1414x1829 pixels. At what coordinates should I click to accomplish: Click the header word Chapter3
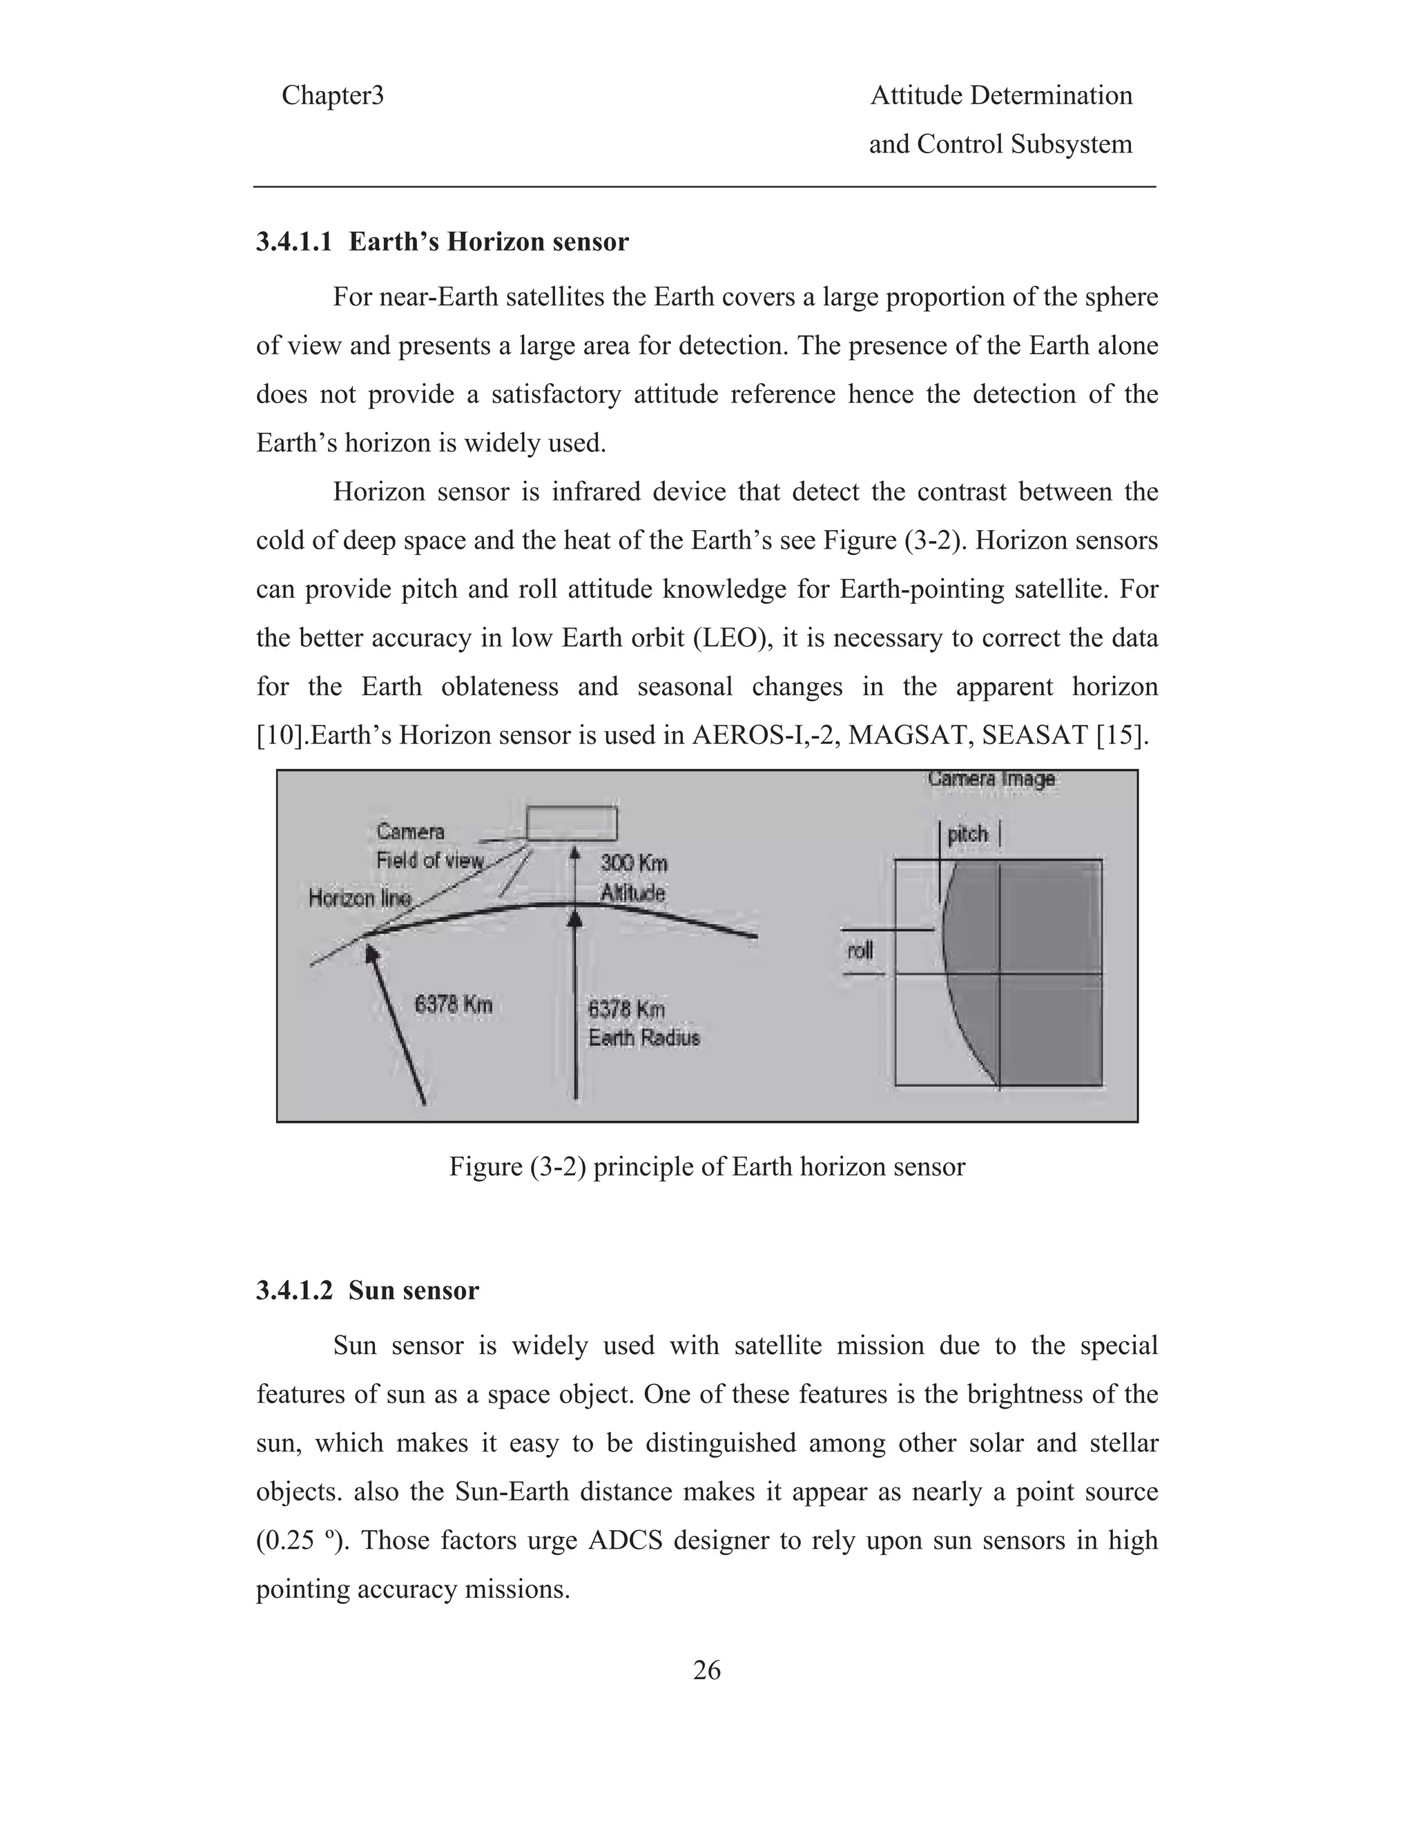click(x=333, y=95)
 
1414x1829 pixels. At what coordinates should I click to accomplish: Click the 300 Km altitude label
click(x=633, y=863)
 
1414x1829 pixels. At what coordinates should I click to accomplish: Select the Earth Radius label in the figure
click(x=643, y=1037)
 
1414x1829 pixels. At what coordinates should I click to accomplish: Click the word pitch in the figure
click(x=967, y=834)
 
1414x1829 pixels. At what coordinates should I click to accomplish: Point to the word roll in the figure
click(x=860, y=950)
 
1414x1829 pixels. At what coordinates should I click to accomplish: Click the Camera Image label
click(x=991, y=779)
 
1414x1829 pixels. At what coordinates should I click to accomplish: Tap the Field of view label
click(x=429, y=860)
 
